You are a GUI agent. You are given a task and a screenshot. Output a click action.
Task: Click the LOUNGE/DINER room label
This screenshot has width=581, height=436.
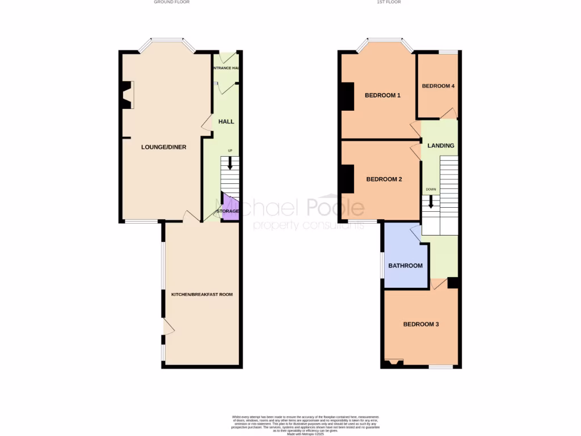coord(164,147)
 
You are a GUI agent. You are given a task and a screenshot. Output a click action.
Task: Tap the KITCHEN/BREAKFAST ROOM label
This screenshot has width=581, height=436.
coord(203,295)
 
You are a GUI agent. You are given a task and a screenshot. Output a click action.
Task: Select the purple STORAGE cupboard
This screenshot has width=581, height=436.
coord(229,209)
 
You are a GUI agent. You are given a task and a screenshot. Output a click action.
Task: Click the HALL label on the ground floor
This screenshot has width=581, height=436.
coord(226,121)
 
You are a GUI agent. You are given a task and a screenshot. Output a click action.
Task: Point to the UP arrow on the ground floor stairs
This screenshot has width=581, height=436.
coord(230,163)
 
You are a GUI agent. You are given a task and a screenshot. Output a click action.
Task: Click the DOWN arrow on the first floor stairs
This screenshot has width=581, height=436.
coord(431,202)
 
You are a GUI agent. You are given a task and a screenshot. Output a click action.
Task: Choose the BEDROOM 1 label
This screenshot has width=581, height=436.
coord(382,95)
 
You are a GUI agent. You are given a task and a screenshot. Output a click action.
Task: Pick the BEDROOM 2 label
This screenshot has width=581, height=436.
coord(384,179)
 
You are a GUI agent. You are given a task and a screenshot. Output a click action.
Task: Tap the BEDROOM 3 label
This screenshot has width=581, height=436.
coord(421,325)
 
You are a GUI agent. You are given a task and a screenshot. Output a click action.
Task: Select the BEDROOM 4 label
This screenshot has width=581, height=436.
coord(438,86)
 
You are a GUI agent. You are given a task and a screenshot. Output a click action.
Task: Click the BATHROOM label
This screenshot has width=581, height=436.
coord(405,266)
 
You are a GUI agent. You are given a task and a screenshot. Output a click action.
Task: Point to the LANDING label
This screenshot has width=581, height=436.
coord(441,146)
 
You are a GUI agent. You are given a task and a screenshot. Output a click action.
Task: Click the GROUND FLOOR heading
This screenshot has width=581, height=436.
coord(171,2)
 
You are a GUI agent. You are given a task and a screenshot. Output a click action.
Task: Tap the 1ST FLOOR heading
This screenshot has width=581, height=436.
coord(389,2)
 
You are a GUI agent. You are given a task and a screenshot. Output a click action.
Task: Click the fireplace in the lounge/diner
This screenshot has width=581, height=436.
coord(126,95)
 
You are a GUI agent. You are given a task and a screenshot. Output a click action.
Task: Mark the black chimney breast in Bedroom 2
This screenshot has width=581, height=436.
coord(347,179)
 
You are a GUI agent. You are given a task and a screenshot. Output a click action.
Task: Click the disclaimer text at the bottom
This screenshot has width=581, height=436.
coord(306,424)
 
